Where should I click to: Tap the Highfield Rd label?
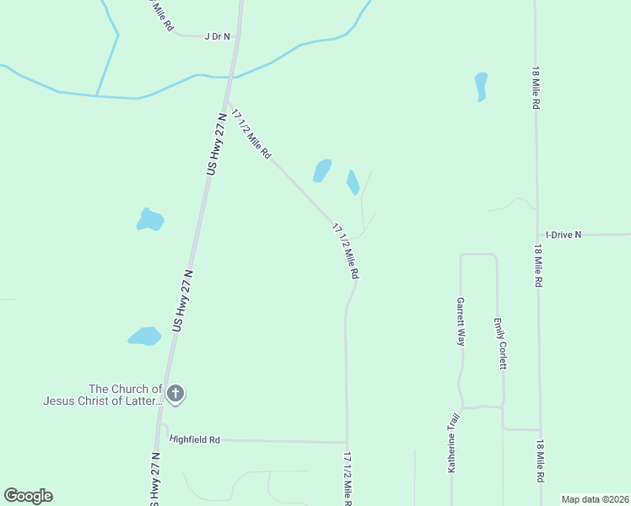coord(195,439)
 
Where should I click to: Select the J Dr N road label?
coord(217,36)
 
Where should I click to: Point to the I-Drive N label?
coord(564,234)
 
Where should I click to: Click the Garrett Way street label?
coord(461,321)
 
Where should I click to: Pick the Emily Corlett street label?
coord(501,343)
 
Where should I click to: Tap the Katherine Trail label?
coord(453,442)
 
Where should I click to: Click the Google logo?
coord(28,496)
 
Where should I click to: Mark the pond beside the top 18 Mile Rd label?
coord(481,86)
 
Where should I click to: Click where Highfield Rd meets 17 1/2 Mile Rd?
coord(347,442)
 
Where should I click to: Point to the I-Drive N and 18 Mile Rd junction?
coord(537,234)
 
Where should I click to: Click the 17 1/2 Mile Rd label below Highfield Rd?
coord(348,478)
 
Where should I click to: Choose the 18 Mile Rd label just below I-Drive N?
coord(537,266)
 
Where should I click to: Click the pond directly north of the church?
coord(144,336)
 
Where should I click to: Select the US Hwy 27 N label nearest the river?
coord(218,148)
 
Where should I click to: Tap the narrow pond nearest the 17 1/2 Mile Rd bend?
coord(353,181)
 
